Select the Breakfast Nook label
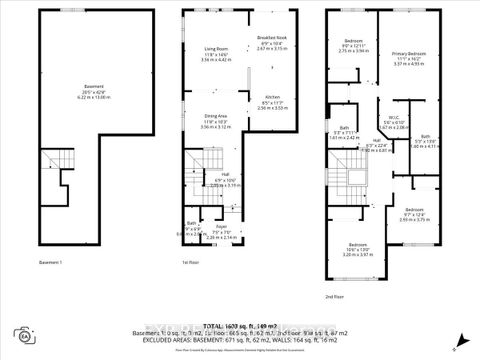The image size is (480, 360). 271,40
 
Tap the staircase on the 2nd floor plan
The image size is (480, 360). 347,185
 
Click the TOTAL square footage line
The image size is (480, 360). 240,327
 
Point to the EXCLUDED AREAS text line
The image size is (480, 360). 240,340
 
